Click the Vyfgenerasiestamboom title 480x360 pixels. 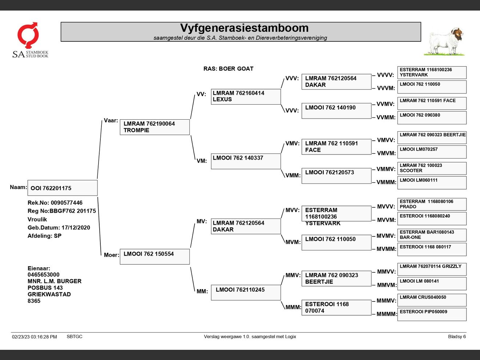[244, 28]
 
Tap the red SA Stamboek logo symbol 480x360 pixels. [28, 35]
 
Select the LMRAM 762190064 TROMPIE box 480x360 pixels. [155, 127]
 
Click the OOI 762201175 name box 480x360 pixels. [63, 188]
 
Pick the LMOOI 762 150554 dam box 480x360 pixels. [155, 256]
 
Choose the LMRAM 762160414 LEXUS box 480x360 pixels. [245, 96]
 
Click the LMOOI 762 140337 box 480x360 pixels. [245, 161]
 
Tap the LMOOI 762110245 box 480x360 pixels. [245, 292]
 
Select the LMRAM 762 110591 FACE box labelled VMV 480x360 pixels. [336, 147]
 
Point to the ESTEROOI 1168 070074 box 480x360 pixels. [336, 307]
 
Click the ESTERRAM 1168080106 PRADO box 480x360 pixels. [432, 204]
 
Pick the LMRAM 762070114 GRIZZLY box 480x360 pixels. [432, 269]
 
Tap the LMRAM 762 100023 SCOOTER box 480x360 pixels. [432, 168]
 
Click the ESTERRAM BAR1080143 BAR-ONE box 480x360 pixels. [432, 235]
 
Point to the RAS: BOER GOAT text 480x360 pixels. [228, 69]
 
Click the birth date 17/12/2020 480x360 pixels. [76, 228]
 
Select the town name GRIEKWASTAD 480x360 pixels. [49, 294]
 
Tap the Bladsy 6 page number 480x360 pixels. [457, 337]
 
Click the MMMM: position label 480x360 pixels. [387, 314]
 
